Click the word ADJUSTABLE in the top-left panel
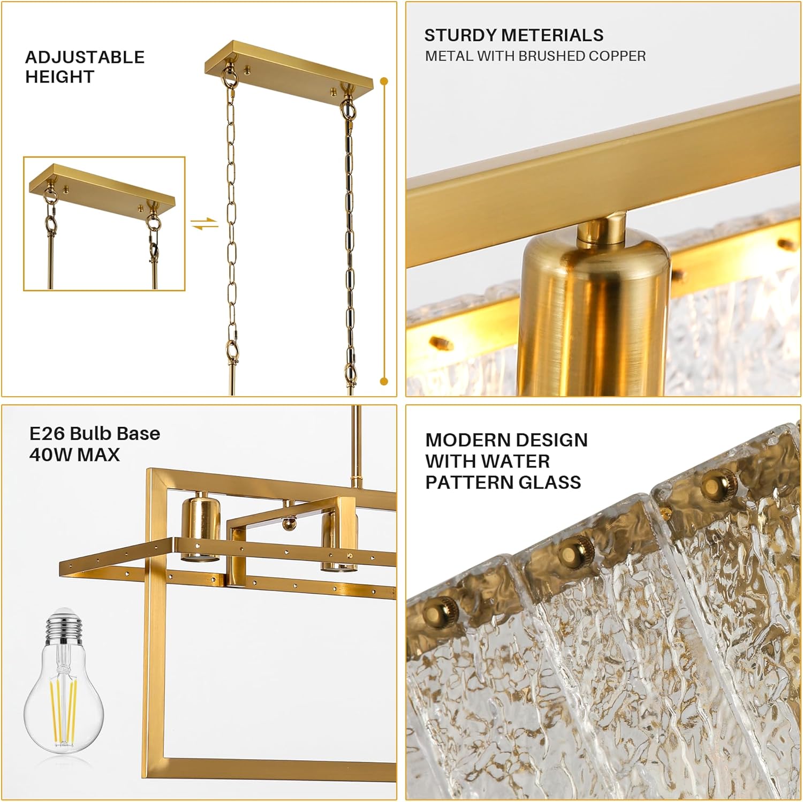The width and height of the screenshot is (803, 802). [x=85, y=57]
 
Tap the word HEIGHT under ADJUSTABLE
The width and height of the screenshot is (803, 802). [x=59, y=77]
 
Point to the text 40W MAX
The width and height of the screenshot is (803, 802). [x=74, y=455]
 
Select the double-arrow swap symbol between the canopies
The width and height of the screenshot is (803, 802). [x=205, y=223]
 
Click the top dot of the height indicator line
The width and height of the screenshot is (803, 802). [x=384, y=82]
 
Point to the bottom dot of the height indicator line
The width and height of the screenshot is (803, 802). [x=384, y=381]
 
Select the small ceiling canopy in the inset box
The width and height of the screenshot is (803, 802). [x=102, y=185]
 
